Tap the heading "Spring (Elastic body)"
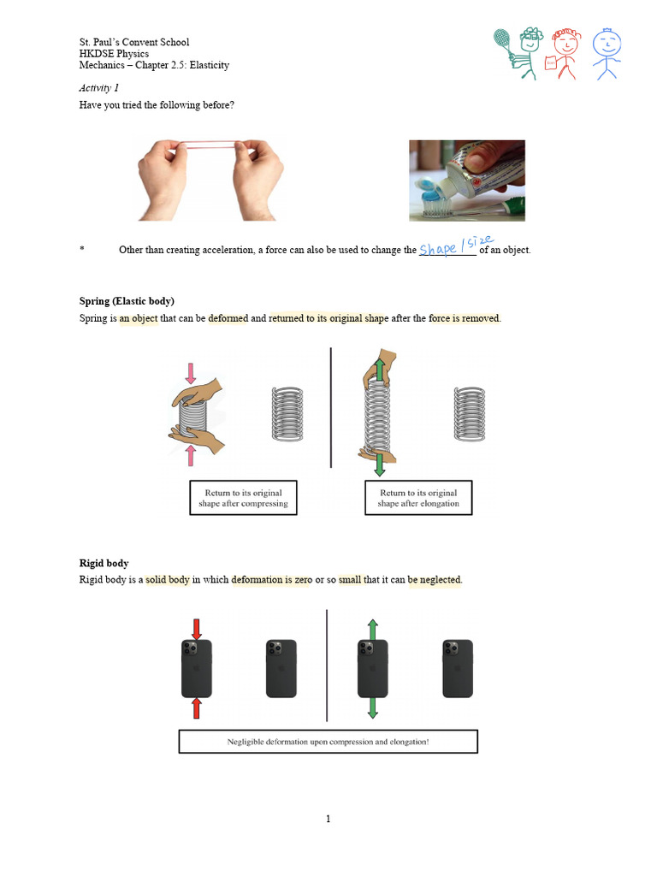tap(127, 301)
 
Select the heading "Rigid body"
tap(104, 563)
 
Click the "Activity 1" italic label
tap(99, 87)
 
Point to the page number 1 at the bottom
tap(328, 819)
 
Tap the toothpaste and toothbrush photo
tap(466, 181)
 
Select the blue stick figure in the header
tap(607, 53)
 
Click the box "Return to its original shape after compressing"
tap(243, 498)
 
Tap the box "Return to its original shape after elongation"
tap(418, 498)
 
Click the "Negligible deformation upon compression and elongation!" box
tap(328, 742)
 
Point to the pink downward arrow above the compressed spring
tap(190, 372)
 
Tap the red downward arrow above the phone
tap(197, 629)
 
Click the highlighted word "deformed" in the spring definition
tap(228, 319)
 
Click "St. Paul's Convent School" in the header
tap(134, 42)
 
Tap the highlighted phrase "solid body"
tap(168, 580)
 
